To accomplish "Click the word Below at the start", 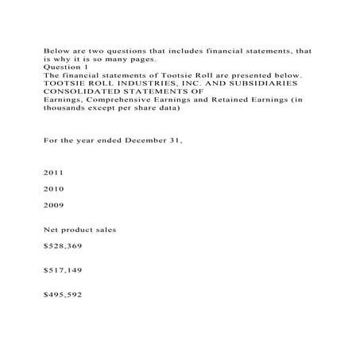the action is tap(56, 48).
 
